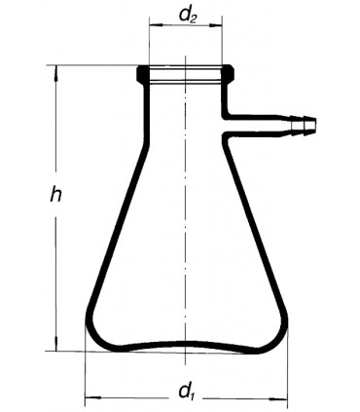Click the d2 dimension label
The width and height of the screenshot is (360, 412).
(x=187, y=17)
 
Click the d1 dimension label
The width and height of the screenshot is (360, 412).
(x=186, y=391)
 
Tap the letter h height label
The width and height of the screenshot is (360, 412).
(x=55, y=195)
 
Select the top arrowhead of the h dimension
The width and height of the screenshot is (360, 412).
(x=56, y=73)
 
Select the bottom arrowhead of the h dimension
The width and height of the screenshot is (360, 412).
(x=56, y=344)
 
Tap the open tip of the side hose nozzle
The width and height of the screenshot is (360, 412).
(x=315, y=124)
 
